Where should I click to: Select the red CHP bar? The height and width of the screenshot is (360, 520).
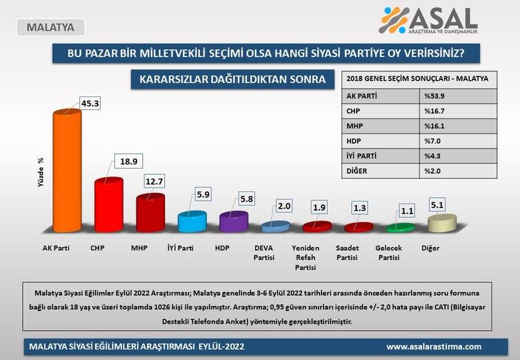pos(109,205)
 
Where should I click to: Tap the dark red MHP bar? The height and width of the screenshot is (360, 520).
pos(151,213)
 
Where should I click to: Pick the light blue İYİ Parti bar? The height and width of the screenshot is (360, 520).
pos(192,221)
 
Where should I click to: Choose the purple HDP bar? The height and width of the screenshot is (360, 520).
pos(233,222)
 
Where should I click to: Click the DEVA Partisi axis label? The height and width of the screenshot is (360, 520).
pos(273,253)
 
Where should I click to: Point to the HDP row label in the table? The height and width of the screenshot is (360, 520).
pos(355,141)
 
